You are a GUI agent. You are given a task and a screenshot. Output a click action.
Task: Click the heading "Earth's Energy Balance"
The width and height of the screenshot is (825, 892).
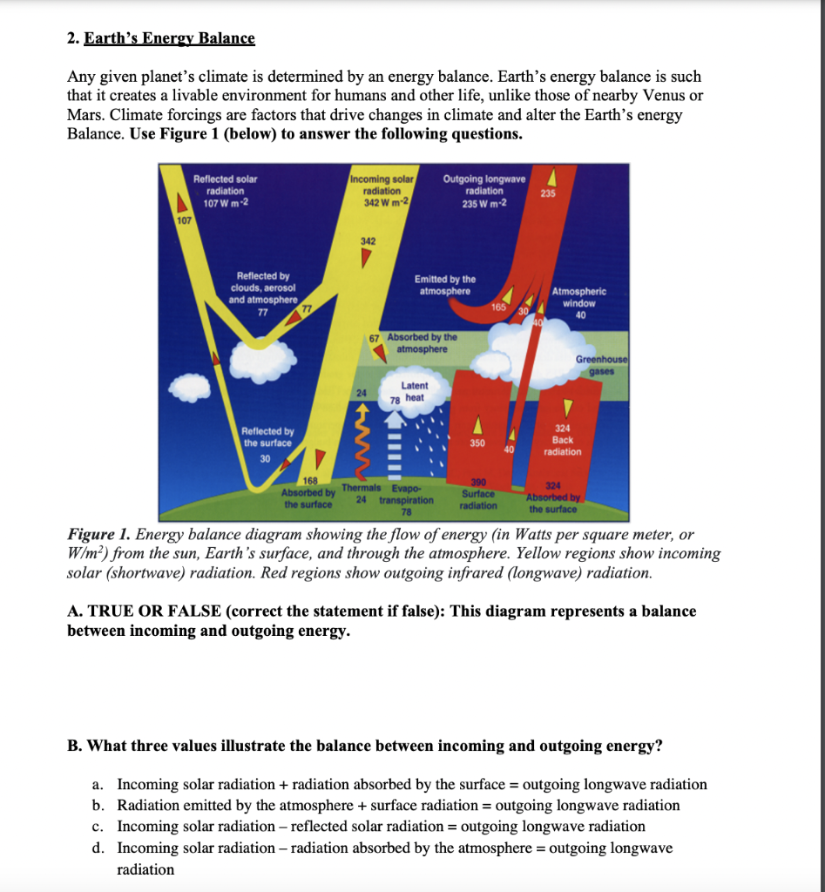tap(170, 39)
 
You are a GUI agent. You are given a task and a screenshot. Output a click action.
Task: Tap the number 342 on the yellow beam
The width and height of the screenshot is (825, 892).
tap(368, 240)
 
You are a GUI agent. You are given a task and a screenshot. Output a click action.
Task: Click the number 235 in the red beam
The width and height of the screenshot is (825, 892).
tap(547, 193)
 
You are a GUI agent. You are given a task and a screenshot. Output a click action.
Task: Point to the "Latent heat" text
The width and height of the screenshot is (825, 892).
tap(414, 391)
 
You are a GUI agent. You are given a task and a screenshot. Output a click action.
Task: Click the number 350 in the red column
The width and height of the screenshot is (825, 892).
tap(477, 443)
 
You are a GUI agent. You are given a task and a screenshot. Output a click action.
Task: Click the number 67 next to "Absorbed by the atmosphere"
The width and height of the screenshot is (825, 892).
tap(374, 336)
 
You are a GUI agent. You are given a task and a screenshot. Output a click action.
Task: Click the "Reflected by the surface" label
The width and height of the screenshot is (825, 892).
tap(267, 437)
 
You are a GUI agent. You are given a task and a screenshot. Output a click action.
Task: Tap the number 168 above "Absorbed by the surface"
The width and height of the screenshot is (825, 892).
tap(310, 482)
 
